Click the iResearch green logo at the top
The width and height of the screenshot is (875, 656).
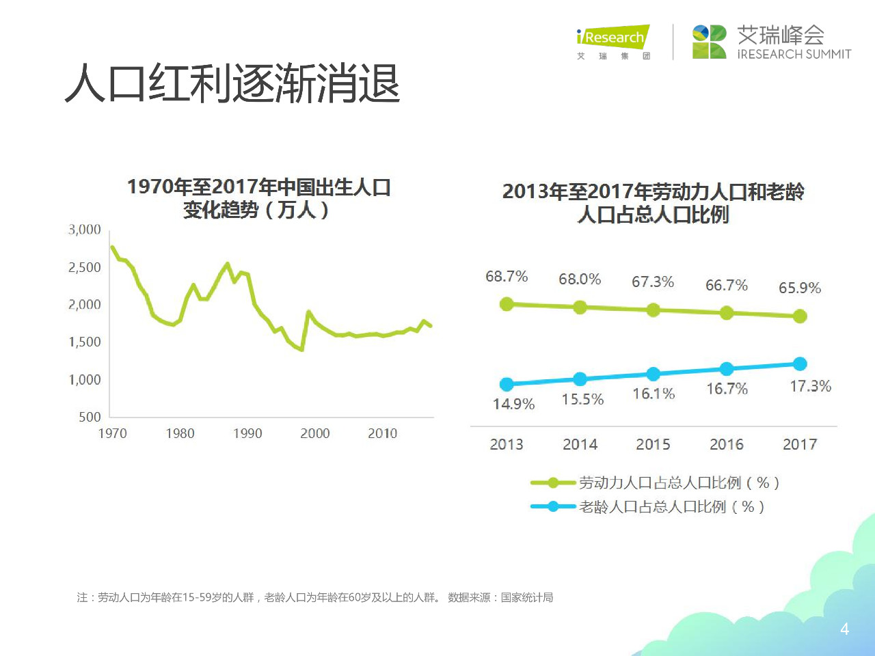(612, 38)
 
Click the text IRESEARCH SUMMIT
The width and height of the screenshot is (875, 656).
(794, 54)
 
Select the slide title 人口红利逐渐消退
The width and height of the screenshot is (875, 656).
(232, 84)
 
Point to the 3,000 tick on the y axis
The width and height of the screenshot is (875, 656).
(85, 230)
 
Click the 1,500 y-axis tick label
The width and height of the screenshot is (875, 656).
(85, 342)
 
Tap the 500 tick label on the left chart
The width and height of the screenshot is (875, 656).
(90, 417)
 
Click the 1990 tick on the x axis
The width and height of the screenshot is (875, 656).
(247, 433)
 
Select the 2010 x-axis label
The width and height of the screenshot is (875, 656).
(382, 433)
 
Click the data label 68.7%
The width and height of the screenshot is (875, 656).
(507, 276)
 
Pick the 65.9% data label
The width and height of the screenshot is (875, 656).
(800, 288)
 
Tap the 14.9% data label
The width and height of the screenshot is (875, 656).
(513, 404)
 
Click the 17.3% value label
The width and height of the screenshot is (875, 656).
(811, 386)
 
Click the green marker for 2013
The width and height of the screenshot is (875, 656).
(507, 304)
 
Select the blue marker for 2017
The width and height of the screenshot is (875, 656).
(800, 364)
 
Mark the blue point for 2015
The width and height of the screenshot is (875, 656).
(654, 374)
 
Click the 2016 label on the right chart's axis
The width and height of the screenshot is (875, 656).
(726, 444)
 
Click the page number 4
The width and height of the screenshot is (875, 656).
(844, 629)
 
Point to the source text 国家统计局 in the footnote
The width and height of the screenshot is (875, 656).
(527, 597)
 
